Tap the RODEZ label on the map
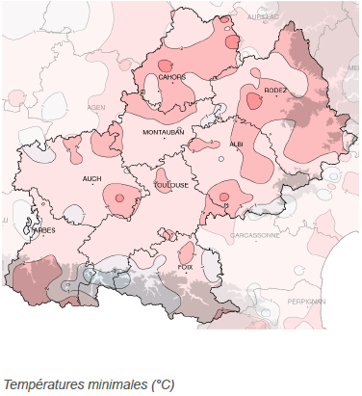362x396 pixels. click(276, 90)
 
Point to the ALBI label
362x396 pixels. click(237, 144)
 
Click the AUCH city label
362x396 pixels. click(92, 178)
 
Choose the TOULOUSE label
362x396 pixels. click(171, 186)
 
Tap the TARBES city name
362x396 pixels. click(42, 230)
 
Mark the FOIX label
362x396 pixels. click(186, 266)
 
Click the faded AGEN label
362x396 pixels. click(96, 108)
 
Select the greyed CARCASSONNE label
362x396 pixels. click(254, 234)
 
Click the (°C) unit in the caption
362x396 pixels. click(161, 383)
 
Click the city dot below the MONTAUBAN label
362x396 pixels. click(164, 140)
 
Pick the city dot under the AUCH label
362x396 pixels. click(93, 186)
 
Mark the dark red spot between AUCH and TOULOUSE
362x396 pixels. click(119, 198)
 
